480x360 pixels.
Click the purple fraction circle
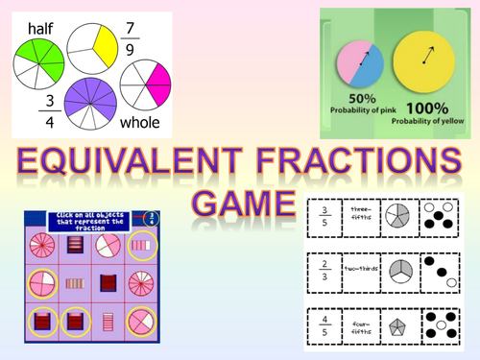click(x=90, y=104)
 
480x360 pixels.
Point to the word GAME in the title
click(x=241, y=204)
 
